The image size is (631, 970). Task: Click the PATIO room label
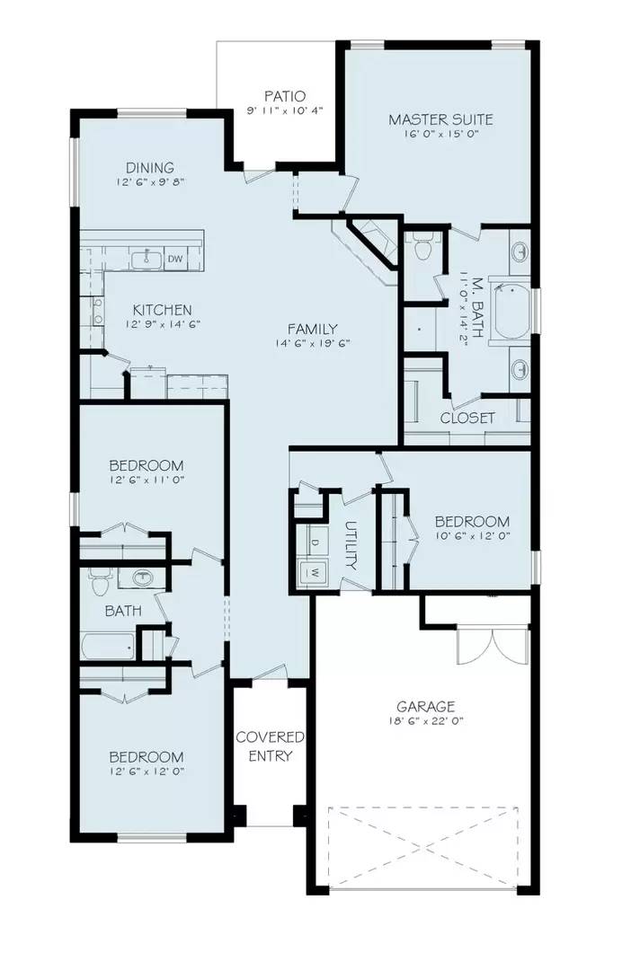pyautogui.click(x=284, y=96)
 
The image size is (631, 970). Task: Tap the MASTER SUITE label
pyautogui.click(x=440, y=119)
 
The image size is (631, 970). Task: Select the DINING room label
pyautogui.click(x=150, y=167)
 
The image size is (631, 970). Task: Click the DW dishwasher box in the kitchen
pyautogui.click(x=176, y=260)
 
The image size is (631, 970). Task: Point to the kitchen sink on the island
pyautogui.click(x=147, y=260)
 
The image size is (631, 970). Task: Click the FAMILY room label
pyautogui.click(x=312, y=328)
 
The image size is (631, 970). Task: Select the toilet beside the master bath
pyautogui.click(x=424, y=244)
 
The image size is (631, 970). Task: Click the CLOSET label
pyautogui.click(x=467, y=418)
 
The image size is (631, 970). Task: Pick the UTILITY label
pyautogui.click(x=351, y=546)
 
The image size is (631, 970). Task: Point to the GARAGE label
pyautogui.click(x=426, y=706)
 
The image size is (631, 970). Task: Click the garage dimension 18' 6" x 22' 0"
pyautogui.click(x=426, y=721)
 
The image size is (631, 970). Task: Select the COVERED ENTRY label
pyautogui.click(x=270, y=746)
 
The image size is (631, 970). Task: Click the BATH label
pyautogui.click(x=122, y=611)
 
